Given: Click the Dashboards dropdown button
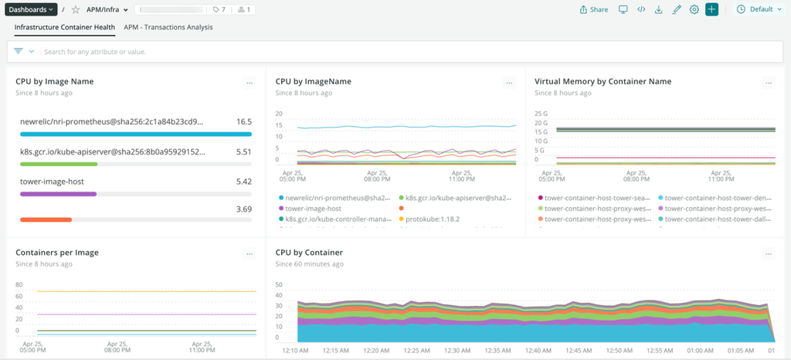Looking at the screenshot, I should pyautogui.click(x=30, y=9).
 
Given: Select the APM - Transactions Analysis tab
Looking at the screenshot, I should pyautogui.click(x=168, y=27).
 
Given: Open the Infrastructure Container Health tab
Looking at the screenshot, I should pyautogui.click(x=65, y=27).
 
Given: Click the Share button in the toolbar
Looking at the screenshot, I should pyautogui.click(x=593, y=9).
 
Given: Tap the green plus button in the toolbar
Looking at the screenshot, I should pyautogui.click(x=711, y=9).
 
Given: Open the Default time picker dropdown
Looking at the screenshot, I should pyautogui.click(x=759, y=9).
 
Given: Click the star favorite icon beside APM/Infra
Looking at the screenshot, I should pyautogui.click(x=76, y=9).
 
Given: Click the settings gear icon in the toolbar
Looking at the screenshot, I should pyautogui.click(x=694, y=9).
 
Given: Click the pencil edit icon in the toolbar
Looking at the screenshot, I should pyautogui.click(x=677, y=9).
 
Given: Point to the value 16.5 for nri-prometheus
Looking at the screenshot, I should pyautogui.click(x=244, y=121).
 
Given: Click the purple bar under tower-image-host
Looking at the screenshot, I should pyautogui.click(x=58, y=194).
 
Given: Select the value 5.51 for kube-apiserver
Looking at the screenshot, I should pyautogui.click(x=243, y=151).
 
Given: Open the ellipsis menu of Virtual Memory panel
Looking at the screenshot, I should pyautogui.click(x=768, y=83).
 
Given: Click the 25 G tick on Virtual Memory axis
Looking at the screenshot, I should pyautogui.click(x=540, y=114).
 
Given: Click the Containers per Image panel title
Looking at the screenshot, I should pyautogui.click(x=56, y=253).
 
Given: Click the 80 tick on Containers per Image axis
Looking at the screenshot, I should pyautogui.click(x=19, y=284).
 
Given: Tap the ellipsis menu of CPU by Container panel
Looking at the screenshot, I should pyautogui.click(x=768, y=253).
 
